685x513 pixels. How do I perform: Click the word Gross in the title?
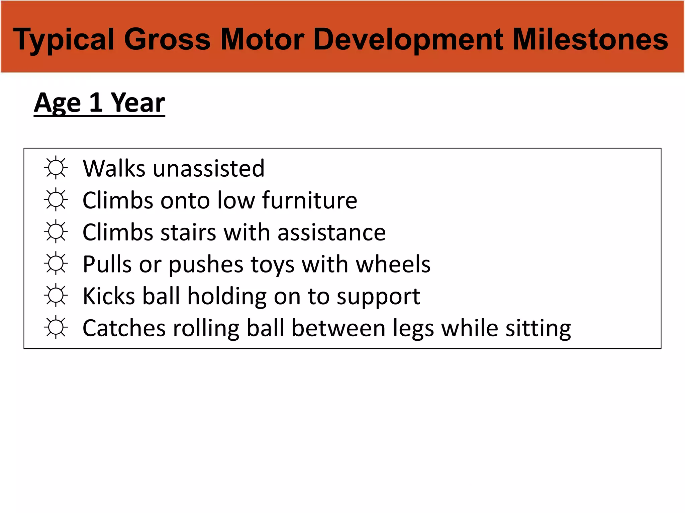[x=167, y=39]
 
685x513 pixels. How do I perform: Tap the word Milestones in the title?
[x=590, y=39]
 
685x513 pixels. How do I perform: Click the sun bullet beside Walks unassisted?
[x=56, y=168]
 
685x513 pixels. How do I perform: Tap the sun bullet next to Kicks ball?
[x=56, y=296]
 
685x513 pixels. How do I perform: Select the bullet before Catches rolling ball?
[x=56, y=328]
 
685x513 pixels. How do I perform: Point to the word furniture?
[x=310, y=200]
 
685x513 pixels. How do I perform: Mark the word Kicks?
[x=109, y=296]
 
